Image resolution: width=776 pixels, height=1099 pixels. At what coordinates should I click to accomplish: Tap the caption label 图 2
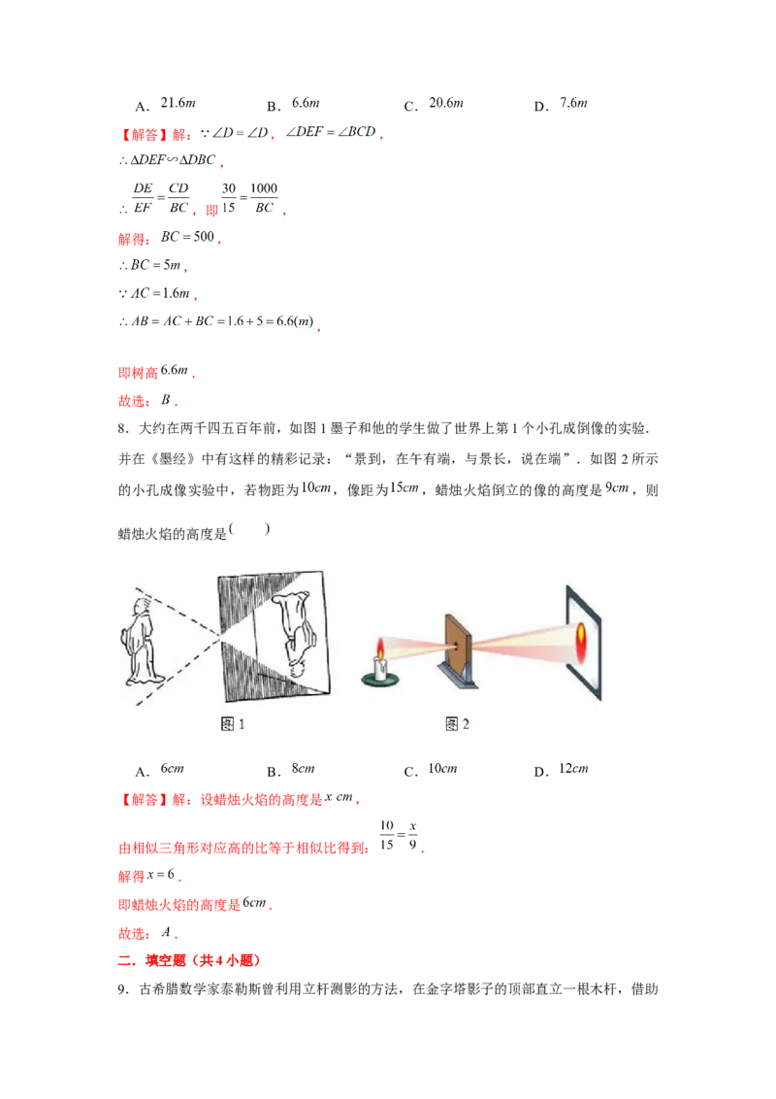coord(457,723)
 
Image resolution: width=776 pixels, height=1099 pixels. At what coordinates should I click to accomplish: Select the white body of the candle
coord(382,667)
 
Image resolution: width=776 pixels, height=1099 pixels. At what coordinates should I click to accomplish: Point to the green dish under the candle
coord(382,681)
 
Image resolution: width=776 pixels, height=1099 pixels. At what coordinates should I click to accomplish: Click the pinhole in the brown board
coord(457,638)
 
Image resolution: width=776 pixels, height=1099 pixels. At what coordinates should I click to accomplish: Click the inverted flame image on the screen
coord(581,636)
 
